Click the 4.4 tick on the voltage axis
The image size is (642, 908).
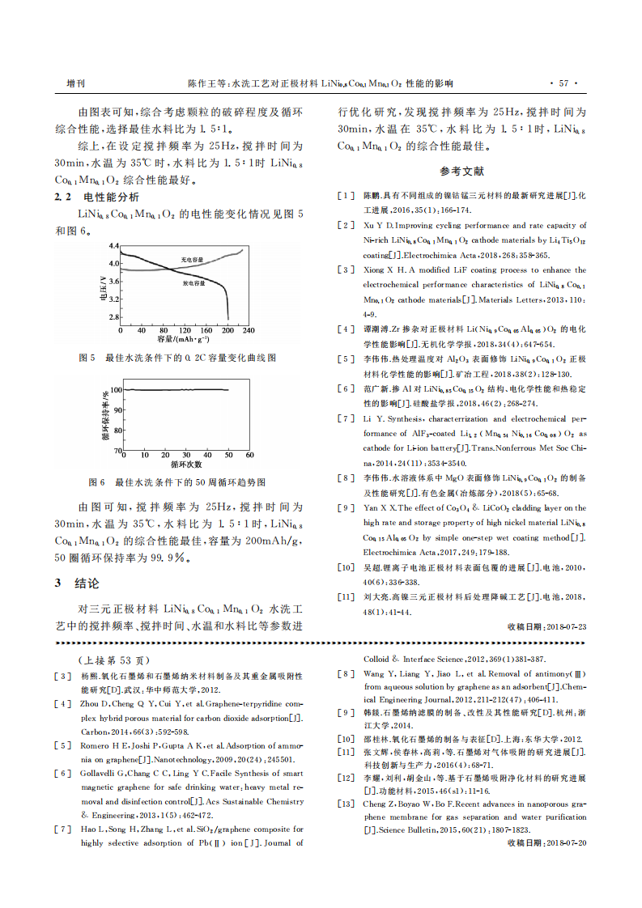[113, 244]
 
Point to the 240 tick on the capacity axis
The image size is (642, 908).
[248, 331]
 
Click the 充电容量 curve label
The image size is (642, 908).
[191, 259]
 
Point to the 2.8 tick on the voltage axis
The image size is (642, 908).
[113, 318]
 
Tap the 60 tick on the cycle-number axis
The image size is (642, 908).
[249, 456]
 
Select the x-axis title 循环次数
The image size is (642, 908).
[186, 465]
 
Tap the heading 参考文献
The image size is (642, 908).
[461, 172]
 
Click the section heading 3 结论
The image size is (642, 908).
[77, 583]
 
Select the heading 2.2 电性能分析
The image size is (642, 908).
[96, 197]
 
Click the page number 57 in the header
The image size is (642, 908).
[564, 83]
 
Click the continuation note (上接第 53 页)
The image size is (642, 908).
[113, 660]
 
